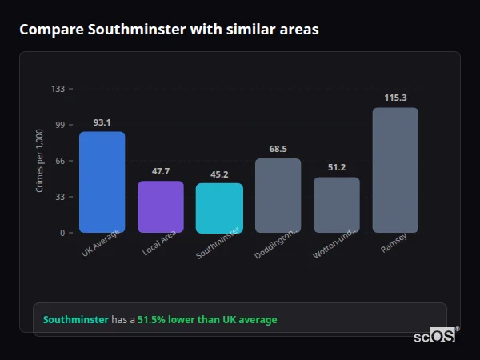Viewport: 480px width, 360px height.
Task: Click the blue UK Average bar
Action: [x=102, y=182]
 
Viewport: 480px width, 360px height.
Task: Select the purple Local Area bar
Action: [x=160, y=207]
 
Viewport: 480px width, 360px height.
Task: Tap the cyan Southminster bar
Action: [x=219, y=208]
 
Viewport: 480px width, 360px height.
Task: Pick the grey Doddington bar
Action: [x=278, y=196]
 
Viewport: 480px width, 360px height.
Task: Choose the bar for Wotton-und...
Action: [x=337, y=205]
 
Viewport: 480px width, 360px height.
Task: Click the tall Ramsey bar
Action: [x=395, y=170]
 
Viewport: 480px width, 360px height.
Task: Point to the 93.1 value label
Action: [x=102, y=122]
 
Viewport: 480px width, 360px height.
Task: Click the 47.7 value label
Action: [x=160, y=171]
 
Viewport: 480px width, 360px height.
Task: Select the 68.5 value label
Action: [x=278, y=149]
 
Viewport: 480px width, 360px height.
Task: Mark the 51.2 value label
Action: [x=337, y=167]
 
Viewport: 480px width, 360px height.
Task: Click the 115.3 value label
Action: [x=395, y=98]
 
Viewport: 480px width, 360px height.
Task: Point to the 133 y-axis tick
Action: [x=58, y=89]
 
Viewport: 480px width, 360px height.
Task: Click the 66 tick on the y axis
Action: [x=60, y=161]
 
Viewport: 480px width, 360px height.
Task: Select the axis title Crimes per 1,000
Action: [x=40, y=161]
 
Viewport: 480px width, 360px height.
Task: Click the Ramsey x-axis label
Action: [x=394, y=242]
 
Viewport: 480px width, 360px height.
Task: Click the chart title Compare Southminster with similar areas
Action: [x=169, y=30]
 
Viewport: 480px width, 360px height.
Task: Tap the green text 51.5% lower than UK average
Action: [x=207, y=320]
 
